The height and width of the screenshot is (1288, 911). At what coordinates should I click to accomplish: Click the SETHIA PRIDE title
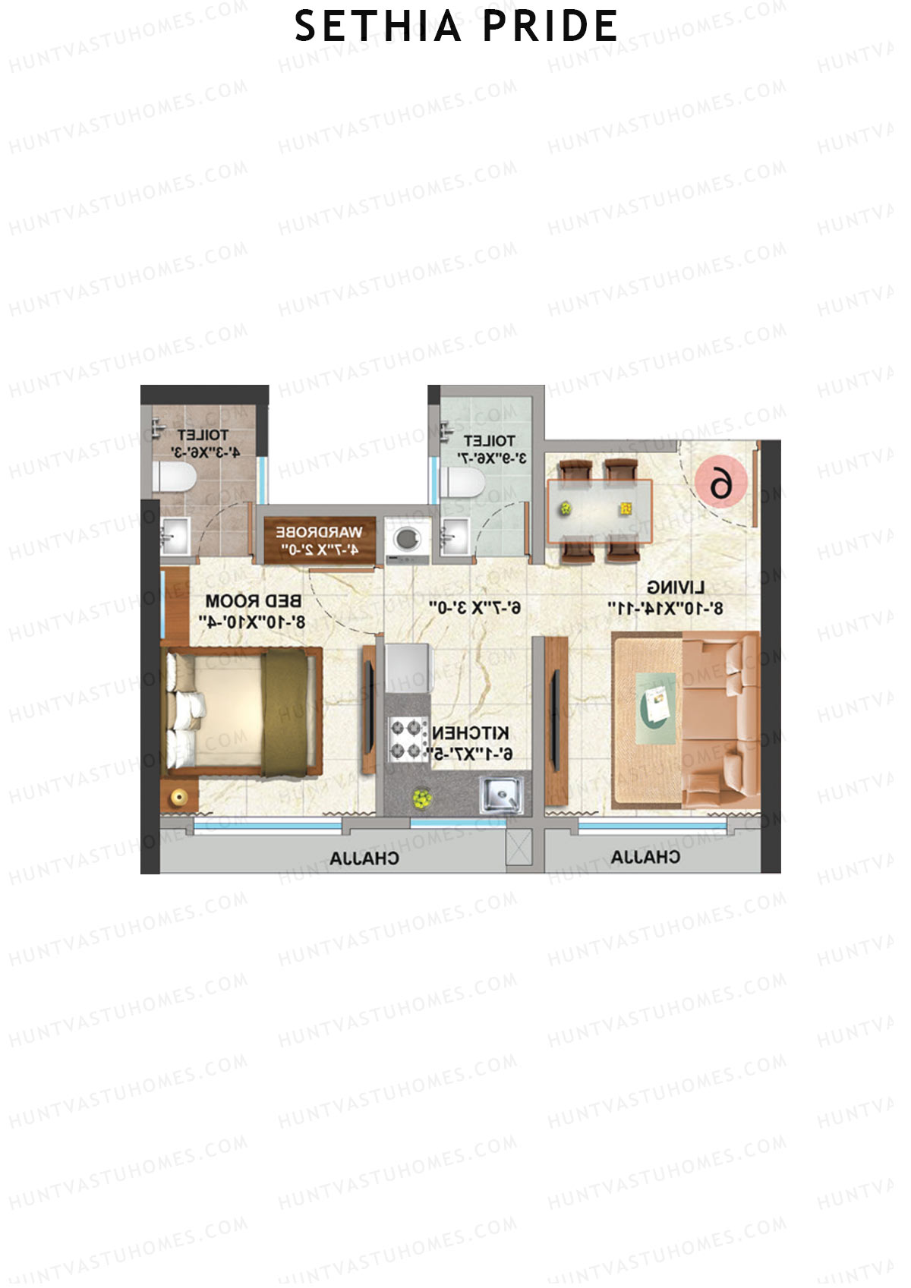[x=456, y=27]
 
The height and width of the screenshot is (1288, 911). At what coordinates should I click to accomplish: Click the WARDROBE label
[x=319, y=532]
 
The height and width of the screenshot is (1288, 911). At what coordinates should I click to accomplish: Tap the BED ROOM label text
[x=253, y=601]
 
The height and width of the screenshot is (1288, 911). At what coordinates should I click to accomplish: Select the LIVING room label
[x=676, y=587]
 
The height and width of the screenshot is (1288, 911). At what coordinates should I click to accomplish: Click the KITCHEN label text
[x=471, y=733]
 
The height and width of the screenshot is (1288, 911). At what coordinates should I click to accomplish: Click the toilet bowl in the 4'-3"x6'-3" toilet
[x=174, y=478]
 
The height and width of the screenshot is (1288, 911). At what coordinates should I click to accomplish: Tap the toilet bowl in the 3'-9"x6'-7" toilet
[x=461, y=481]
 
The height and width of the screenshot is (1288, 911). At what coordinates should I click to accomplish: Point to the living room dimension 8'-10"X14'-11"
[x=665, y=608]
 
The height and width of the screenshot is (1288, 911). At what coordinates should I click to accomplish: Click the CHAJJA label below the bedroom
[x=364, y=858]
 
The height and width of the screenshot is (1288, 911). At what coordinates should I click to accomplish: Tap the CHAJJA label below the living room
[x=645, y=857]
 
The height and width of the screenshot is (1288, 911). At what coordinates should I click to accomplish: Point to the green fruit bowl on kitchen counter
[x=422, y=798]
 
